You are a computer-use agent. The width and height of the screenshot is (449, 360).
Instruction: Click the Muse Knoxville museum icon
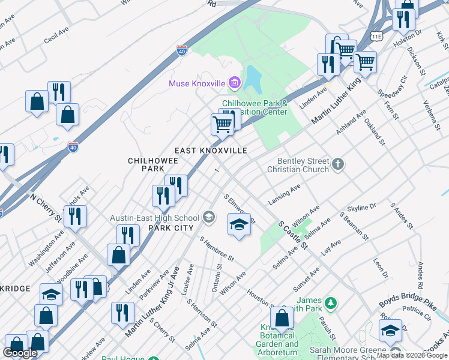click(235, 83)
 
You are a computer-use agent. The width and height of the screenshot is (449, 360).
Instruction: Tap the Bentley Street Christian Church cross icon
click(338, 164)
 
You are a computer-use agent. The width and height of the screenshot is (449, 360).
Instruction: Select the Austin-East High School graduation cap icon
click(209, 217)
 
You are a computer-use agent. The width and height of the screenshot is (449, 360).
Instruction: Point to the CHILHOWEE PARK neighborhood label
click(146, 165)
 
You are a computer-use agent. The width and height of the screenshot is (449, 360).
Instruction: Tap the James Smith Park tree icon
click(330, 302)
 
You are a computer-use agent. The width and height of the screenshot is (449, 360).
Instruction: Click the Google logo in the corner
click(20, 353)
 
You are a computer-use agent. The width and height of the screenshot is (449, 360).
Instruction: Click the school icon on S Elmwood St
click(238, 225)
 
